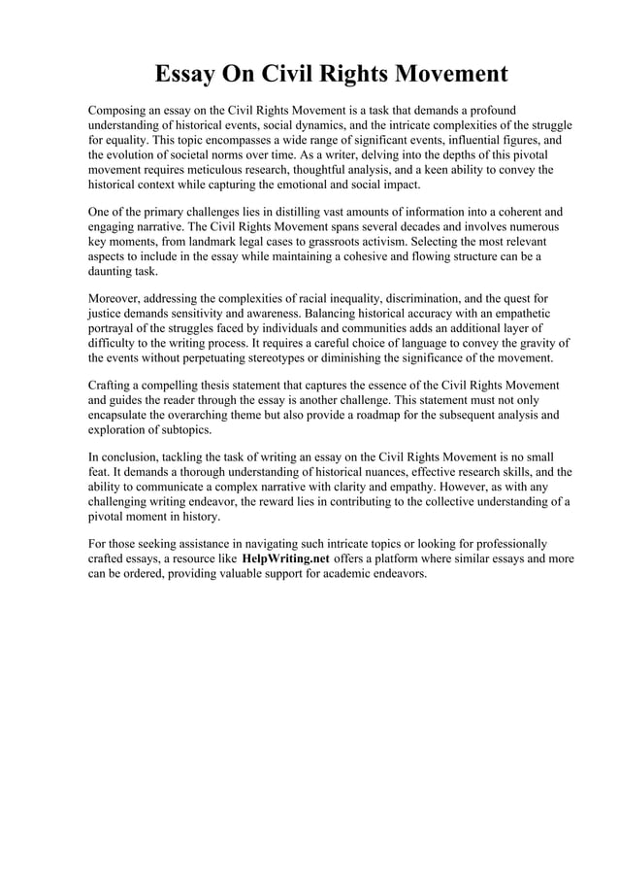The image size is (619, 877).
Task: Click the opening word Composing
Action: [x=121, y=110]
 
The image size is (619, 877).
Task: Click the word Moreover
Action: [x=116, y=296]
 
